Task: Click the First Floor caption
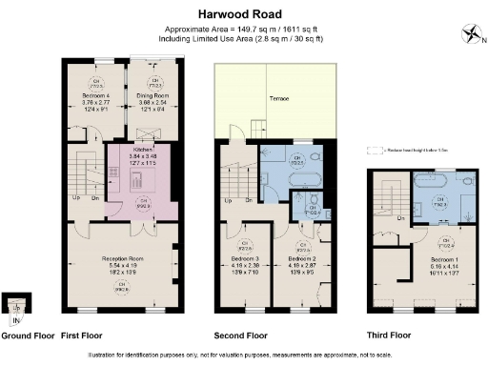(83, 335)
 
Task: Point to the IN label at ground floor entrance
(15, 321)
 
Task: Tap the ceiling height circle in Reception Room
(122, 290)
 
